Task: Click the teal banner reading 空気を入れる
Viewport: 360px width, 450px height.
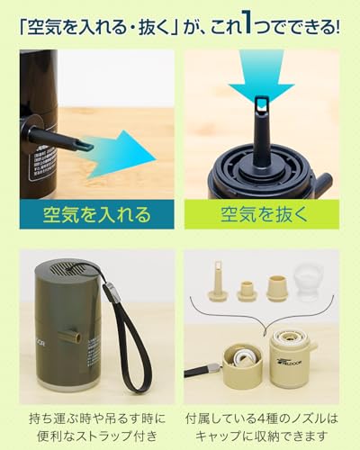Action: tap(96, 215)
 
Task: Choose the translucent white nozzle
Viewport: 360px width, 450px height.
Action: tap(308, 289)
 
